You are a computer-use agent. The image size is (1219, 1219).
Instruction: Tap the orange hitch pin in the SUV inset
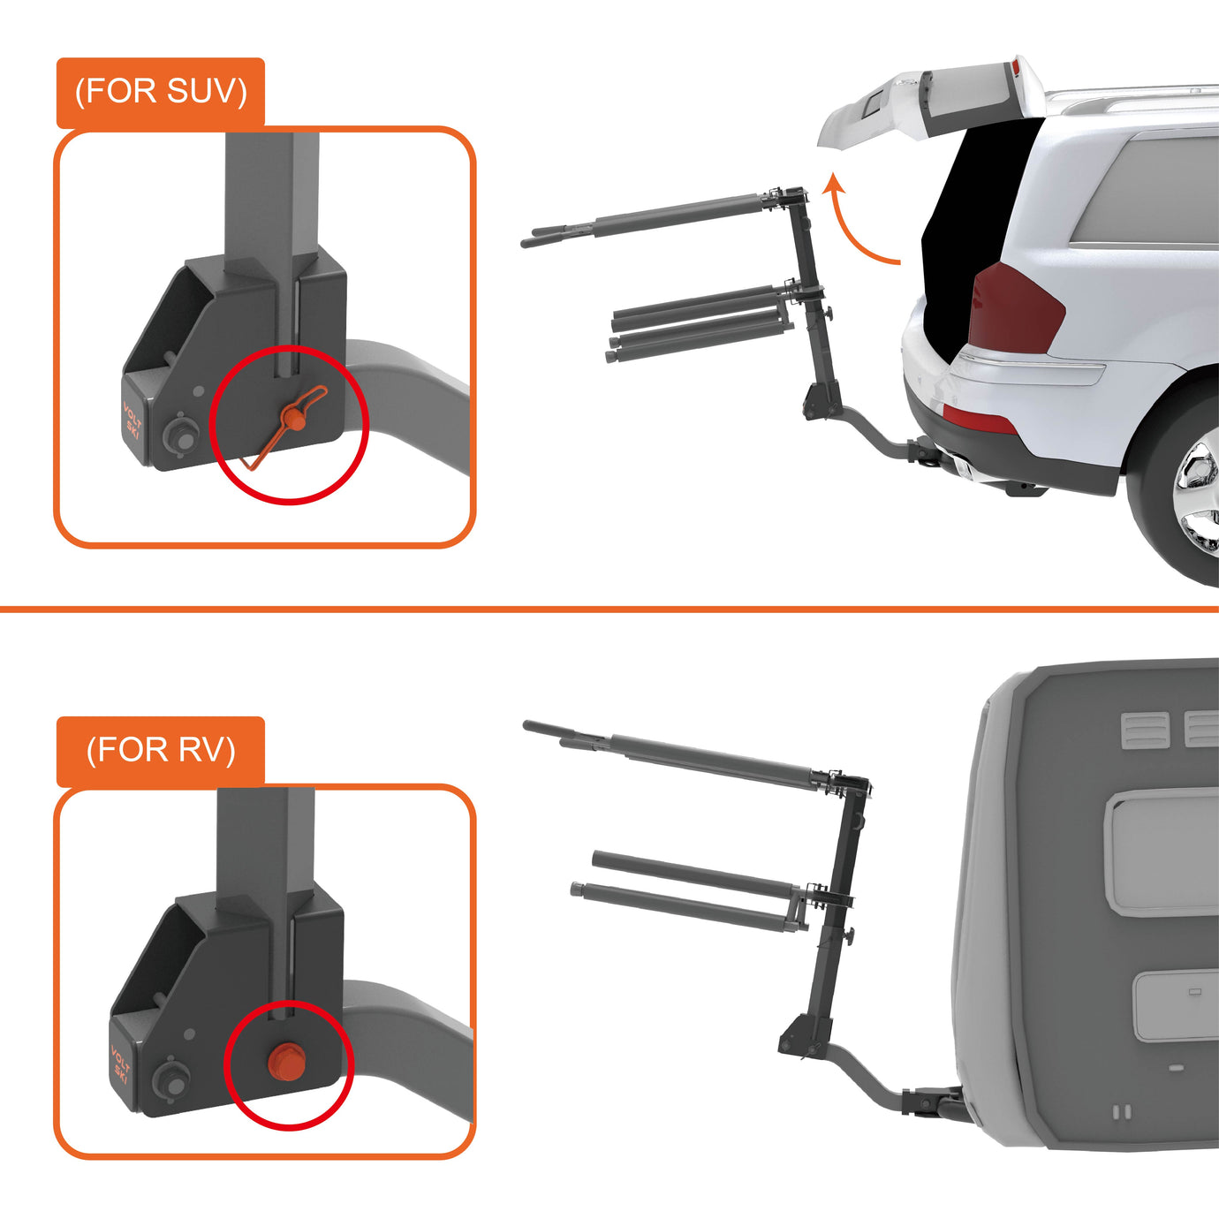[292, 418]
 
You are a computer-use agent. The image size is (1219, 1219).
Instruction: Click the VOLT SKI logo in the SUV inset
[132, 418]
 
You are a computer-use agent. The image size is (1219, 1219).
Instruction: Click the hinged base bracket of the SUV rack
[821, 397]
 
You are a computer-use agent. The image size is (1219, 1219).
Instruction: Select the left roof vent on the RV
[1146, 731]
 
